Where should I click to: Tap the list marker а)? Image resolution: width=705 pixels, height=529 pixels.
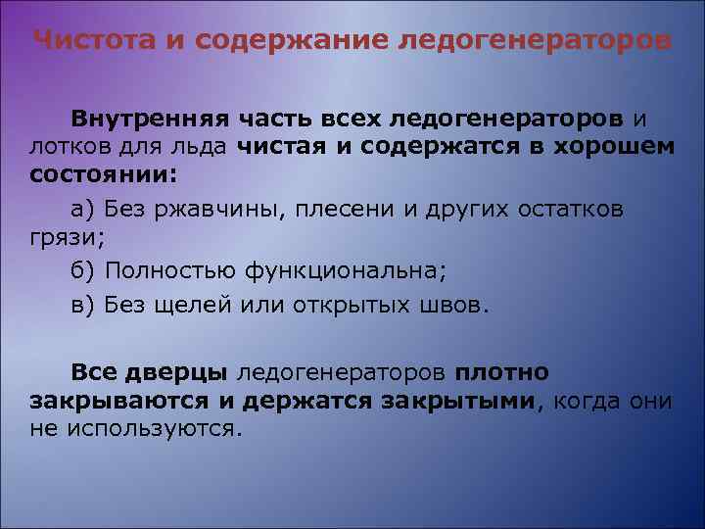point(83,210)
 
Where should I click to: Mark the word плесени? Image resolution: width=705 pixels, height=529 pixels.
point(342,210)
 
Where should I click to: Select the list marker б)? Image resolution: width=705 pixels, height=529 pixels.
point(83,268)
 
